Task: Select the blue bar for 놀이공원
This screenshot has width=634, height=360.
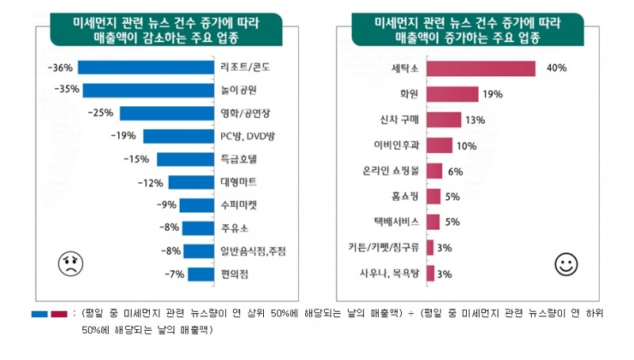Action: (148, 90)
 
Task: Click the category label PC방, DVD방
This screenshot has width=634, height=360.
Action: (247, 136)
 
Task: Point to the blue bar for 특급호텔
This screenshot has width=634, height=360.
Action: (185, 159)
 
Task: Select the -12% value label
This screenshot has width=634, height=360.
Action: (149, 182)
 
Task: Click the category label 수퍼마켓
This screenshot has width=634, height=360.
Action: (239, 205)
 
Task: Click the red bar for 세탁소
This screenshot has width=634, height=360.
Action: (480, 69)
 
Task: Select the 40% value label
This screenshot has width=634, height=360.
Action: (556, 69)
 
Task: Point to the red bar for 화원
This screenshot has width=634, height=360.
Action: (452, 94)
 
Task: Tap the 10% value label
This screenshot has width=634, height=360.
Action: (467, 145)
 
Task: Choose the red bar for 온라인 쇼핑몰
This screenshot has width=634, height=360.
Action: (434, 170)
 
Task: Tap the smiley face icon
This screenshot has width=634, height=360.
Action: (566, 265)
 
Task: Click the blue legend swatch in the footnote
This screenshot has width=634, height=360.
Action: (40, 313)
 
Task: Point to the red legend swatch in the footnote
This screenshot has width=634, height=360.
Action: (59, 313)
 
